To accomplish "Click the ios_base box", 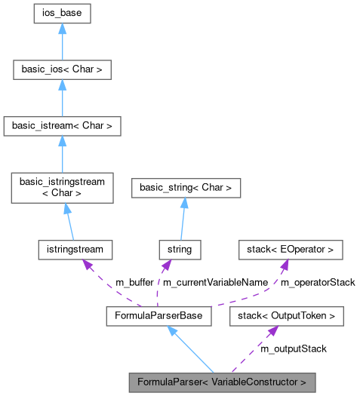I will coord(62,14).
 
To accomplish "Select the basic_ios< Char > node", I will coord(62,70).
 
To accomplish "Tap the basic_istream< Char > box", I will coord(62,126).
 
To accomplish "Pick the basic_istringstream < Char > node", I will coord(62,188).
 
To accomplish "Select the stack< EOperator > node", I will coord(291,248).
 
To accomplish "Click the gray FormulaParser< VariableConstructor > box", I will coord(221,382).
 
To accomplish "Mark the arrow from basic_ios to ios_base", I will coord(62,42).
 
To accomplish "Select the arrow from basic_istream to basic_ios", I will coord(62,98).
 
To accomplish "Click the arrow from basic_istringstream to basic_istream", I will coord(62,155).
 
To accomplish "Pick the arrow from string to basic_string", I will coord(181,220).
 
